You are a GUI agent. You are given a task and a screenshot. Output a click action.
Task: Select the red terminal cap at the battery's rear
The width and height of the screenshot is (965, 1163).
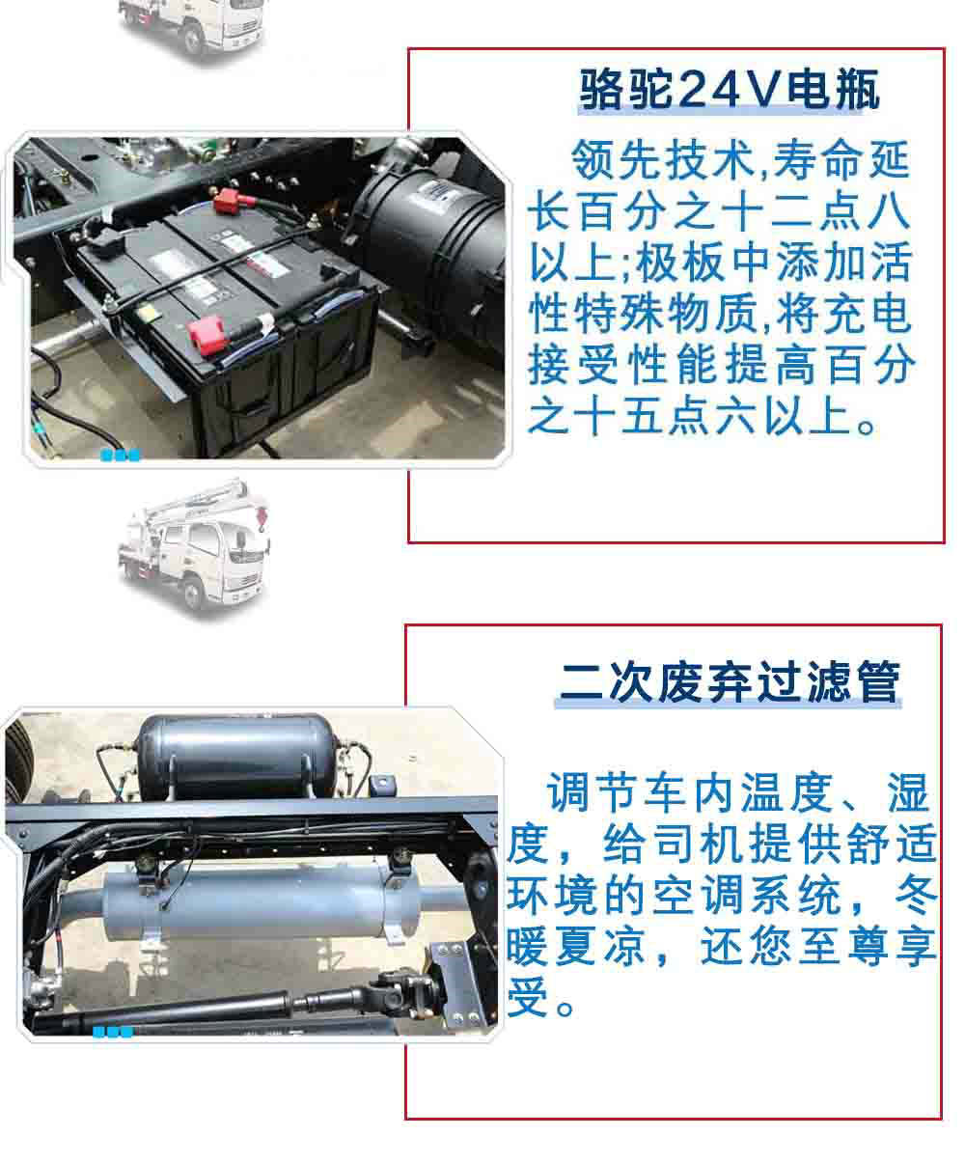231,203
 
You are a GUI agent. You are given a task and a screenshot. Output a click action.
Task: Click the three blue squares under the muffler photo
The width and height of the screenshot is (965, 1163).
112,1032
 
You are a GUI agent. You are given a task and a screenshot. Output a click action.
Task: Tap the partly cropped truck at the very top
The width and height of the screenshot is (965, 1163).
193,24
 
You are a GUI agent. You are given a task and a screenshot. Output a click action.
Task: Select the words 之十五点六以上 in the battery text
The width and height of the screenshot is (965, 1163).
690,421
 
